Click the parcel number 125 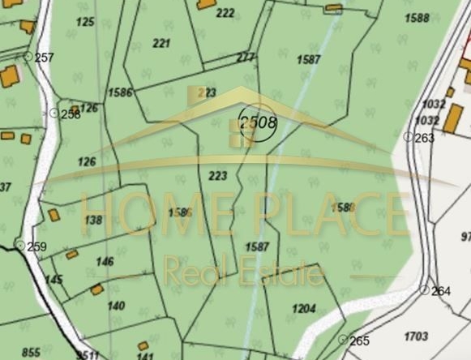85,21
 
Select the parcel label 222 225,12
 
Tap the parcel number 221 161,43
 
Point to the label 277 245,58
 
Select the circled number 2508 257,124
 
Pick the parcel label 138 93,220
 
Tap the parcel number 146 105,262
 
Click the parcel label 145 54,280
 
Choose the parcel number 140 116,306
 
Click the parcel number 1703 415,336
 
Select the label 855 31,352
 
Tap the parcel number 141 145,356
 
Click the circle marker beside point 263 408,138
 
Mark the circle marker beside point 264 423,289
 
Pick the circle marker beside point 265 342,339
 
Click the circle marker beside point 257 28,57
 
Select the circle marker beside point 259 20,245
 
